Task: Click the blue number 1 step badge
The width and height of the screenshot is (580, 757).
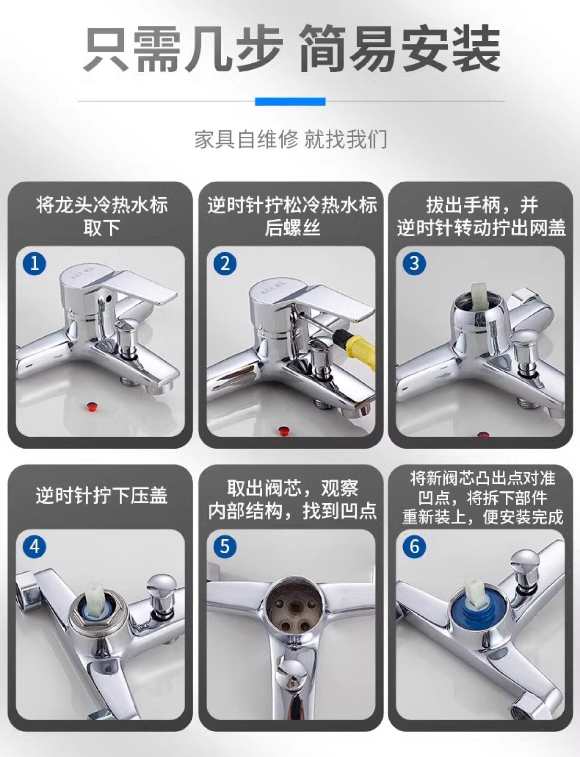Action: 34,263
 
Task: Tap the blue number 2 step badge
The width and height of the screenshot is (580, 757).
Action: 225,263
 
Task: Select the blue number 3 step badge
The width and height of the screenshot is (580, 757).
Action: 414,263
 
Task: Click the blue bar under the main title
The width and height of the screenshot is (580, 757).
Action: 290,101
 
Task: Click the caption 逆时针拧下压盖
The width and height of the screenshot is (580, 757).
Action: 101,495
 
